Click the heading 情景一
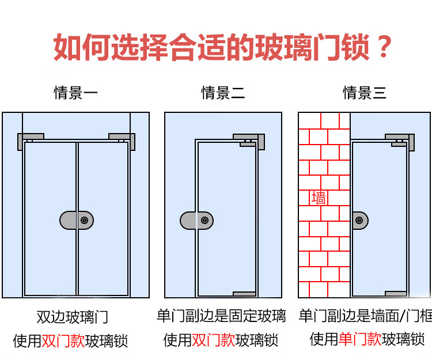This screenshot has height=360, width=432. (75, 93)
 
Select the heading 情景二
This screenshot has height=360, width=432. (223, 93)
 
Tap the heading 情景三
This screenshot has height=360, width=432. (365, 93)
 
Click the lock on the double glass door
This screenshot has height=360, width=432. (77, 221)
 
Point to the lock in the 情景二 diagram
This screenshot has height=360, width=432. (196, 220)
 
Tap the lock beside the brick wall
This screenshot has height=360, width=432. (360, 220)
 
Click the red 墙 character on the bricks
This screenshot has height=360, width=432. (319, 198)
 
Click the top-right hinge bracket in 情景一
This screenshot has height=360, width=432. (123, 138)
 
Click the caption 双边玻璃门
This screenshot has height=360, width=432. (72, 317)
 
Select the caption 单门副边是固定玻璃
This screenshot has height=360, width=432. (221, 316)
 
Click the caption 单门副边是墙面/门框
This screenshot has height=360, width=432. (365, 316)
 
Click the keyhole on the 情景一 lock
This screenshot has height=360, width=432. (85, 221)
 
